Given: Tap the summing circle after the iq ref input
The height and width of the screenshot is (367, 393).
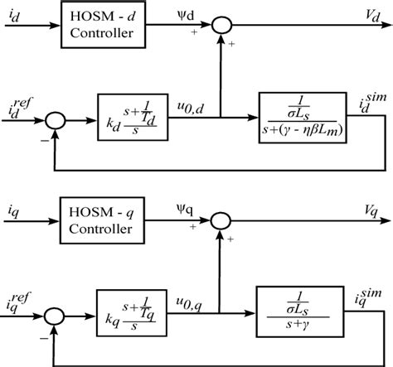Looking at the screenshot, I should pyautogui.click(x=56, y=315).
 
